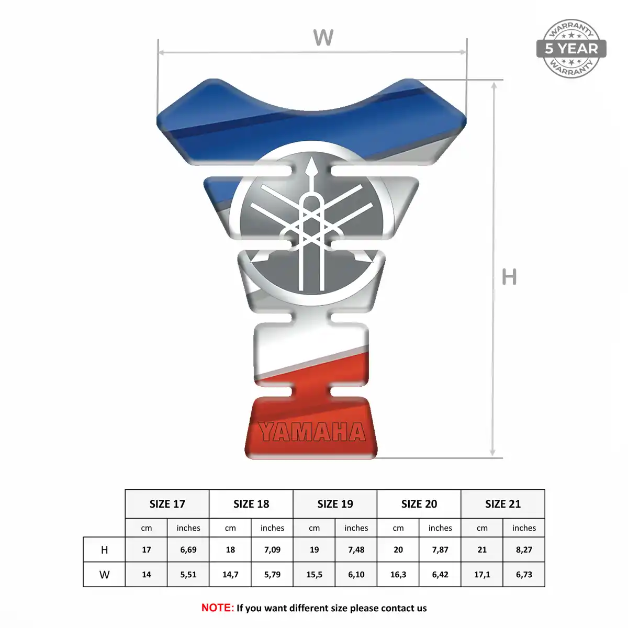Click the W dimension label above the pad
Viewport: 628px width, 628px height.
coord(323,38)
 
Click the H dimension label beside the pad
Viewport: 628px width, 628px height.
coord(509,277)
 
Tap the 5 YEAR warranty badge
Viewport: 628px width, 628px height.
coord(571,49)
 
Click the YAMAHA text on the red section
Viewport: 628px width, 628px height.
coord(312,432)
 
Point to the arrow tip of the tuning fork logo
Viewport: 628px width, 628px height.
coord(312,158)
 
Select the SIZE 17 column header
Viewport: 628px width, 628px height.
coord(167,504)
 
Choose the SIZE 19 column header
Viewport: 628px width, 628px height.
coord(335,504)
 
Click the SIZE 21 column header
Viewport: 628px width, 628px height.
coord(503,504)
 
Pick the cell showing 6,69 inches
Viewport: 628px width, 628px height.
coord(188,549)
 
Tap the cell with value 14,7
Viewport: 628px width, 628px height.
coord(230,574)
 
